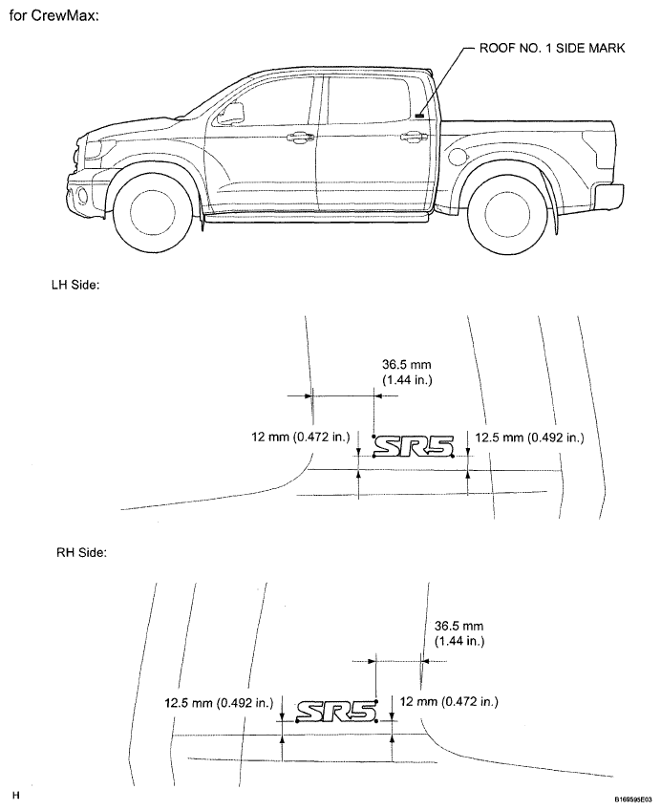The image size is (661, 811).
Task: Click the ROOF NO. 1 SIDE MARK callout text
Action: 552,48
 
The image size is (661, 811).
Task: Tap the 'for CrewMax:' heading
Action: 53,15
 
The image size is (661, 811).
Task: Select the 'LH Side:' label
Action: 75,285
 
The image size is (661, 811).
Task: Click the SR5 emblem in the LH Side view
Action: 414,446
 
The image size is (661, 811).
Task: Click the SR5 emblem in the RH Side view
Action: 336,711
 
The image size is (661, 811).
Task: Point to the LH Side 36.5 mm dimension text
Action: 407,373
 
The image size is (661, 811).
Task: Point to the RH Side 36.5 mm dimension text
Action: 459,633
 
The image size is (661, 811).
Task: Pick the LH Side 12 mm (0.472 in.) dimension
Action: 301,438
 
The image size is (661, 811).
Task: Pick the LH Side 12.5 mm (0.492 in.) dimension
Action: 529,438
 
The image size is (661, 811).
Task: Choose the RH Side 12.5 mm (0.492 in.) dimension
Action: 219,703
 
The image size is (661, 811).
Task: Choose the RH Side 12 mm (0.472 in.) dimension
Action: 449,702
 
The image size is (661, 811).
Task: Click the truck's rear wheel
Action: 507,214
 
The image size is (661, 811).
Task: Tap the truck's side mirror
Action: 231,114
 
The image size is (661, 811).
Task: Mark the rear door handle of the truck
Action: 411,137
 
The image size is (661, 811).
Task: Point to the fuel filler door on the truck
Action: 458,157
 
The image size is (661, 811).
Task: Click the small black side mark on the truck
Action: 419,116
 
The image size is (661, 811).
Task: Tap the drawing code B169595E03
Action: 634,798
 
